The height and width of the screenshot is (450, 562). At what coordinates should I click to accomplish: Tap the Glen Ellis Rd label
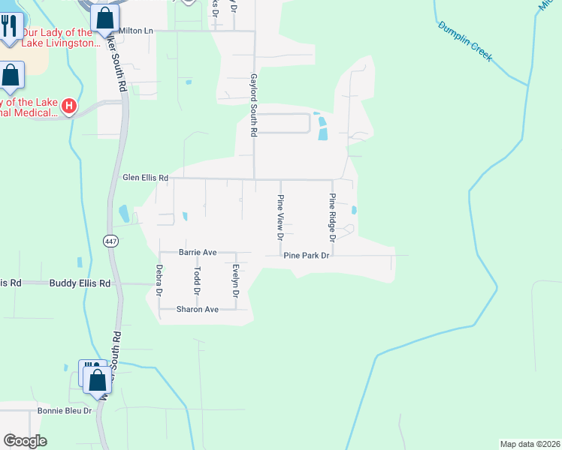[x=145, y=178]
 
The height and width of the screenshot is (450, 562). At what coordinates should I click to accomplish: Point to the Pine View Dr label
[x=280, y=217]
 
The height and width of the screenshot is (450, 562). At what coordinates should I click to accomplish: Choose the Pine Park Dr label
[x=307, y=256]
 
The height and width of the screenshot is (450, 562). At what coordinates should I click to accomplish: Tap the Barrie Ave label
[x=198, y=253]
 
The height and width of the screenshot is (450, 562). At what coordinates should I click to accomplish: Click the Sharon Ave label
[x=197, y=309]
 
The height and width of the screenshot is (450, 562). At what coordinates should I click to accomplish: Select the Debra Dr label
[x=159, y=280]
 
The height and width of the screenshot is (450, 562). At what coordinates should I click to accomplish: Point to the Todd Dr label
[x=197, y=280]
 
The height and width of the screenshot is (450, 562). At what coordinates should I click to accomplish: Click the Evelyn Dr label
[x=235, y=281]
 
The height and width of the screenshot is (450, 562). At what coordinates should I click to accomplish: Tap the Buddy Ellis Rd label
[x=80, y=283]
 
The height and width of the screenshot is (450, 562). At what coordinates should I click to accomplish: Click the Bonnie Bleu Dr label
[x=65, y=410]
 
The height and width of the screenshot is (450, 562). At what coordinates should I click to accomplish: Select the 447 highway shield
[x=111, y=241]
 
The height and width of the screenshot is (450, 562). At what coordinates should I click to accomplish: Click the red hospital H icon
[x=69, y=106]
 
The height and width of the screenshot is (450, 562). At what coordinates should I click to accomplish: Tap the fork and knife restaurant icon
[x=9, y=26]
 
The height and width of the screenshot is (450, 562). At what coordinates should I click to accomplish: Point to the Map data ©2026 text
[x=530, y=443]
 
